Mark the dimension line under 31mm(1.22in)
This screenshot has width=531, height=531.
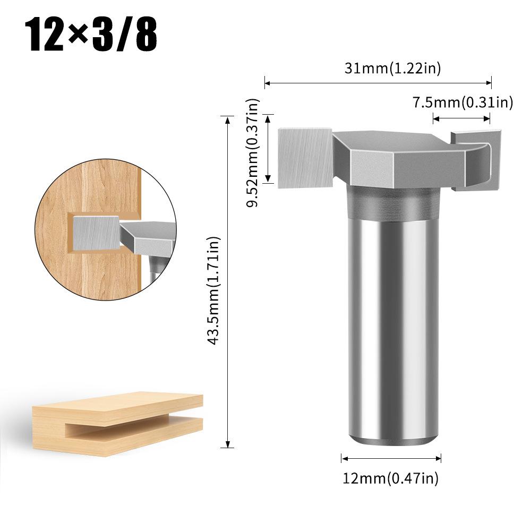click(378, 83)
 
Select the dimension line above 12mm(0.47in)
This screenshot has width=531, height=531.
click(391, 458)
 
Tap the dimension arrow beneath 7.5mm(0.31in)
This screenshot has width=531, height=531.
click(461, 118)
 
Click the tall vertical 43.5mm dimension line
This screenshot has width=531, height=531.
click(228, 281)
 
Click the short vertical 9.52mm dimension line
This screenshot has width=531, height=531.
click(269, 149)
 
